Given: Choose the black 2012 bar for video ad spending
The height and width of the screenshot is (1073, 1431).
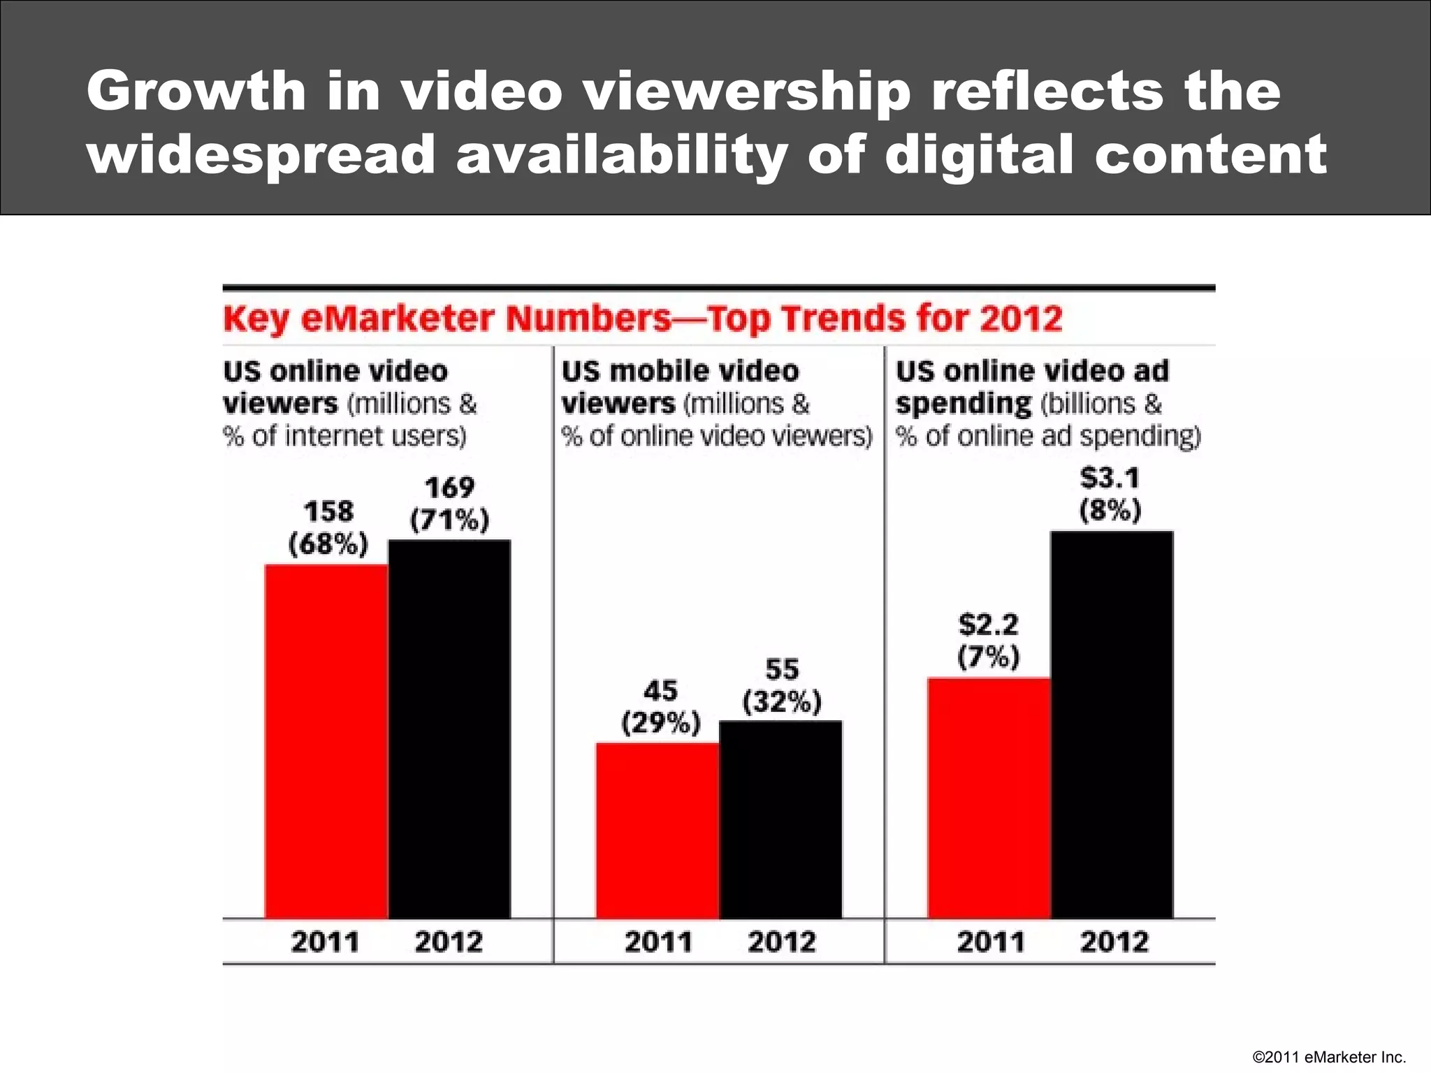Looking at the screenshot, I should point(1112,724).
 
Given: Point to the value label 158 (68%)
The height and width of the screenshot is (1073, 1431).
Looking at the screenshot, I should point(328,528).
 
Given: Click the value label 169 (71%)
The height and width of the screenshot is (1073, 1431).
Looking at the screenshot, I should point(449,504).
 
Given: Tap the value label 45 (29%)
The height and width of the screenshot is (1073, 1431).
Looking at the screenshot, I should point(660,706).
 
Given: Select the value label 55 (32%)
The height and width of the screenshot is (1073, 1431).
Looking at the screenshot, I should point(782,685).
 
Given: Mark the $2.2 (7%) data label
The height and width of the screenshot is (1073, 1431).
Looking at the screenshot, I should point(989,641).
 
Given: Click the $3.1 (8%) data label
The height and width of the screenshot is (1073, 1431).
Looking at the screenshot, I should point(1110,494).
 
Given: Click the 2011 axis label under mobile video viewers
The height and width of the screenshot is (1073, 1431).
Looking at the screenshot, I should point(658,942).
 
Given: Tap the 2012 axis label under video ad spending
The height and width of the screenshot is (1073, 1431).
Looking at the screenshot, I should point(1114,942).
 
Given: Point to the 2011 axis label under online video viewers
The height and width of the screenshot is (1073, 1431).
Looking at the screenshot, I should point(325,942).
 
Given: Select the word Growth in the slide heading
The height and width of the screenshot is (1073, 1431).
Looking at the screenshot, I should point(196,92).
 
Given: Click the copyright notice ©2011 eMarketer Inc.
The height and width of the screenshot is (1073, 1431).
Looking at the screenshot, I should point(1329,1057).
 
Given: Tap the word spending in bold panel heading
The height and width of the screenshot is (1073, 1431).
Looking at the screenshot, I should point(964,404).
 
